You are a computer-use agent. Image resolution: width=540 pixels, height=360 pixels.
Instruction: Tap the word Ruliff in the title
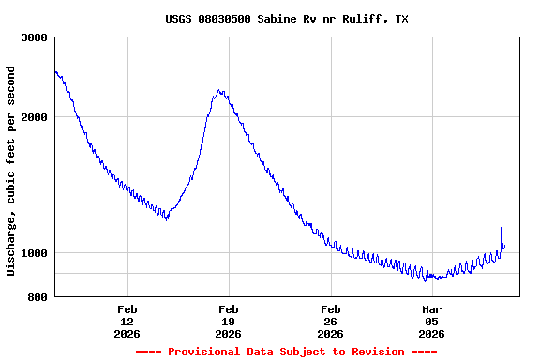(x=363, y=19)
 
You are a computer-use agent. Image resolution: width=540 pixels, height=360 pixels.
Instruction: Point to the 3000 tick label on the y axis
(x=35, y=37)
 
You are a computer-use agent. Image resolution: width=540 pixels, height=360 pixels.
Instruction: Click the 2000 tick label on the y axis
(x=35, y=117)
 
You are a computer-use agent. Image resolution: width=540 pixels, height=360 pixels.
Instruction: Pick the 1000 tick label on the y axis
(x=35, y=253)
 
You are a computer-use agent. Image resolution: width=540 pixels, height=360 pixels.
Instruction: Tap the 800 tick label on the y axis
(x=37, y=297)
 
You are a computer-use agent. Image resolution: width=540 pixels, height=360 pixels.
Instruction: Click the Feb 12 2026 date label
(x=127, y=321)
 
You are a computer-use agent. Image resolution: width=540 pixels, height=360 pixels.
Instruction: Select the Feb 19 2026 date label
(x=229, y=321)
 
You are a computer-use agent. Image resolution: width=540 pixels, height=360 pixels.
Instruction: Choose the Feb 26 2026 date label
(x=330, y=321)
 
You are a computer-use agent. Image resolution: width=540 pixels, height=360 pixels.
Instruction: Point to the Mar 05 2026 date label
(x=431, y=321)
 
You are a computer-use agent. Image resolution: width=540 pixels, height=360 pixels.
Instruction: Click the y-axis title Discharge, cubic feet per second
(x=11, y=171)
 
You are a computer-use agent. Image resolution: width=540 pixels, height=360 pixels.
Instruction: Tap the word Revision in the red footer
(x=374, y=352)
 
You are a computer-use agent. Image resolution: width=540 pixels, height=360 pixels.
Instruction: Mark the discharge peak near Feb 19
(x=219, y=91)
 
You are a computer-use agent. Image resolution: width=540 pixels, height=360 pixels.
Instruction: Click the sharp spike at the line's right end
(x=502, y=228)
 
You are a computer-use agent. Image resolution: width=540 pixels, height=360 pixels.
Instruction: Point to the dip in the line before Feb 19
(x=167, y=218)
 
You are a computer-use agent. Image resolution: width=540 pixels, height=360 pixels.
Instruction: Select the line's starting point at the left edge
(x=55, y=71)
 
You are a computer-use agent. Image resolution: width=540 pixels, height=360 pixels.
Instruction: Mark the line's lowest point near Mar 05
(x=427, y=279)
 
